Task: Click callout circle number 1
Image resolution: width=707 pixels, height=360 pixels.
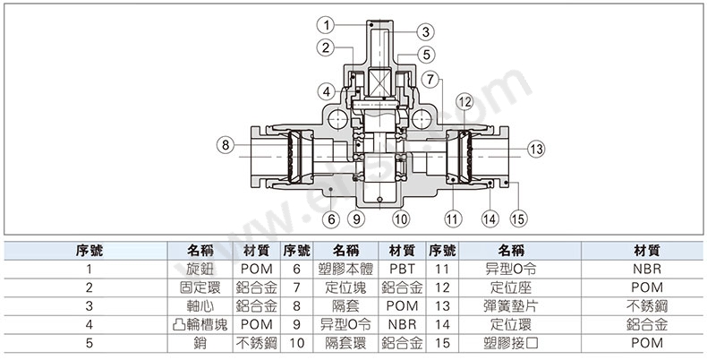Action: coord(326,25)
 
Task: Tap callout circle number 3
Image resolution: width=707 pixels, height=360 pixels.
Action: coord(425,32)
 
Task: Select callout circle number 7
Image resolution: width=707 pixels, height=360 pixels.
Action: coord(430,80)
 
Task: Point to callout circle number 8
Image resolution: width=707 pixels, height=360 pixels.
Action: coord(226,145)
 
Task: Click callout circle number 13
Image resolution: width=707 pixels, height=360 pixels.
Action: coord(536,149)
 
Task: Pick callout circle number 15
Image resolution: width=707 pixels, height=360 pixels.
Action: coord(518,219)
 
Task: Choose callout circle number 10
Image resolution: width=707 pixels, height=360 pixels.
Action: coord(401,219)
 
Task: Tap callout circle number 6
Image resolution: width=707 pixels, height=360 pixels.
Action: coord(331,219)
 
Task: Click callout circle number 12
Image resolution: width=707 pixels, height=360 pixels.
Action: coord(464,102)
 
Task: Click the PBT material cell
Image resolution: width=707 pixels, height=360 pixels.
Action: coord(402,270)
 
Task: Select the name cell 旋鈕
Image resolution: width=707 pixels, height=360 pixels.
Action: coord(200,270)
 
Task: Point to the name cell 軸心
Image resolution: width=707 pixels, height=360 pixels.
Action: coord(200,306)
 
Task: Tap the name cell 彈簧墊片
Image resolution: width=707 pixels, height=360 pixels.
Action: coord(511,306)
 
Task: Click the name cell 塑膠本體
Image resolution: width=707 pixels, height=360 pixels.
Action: coord(345,270)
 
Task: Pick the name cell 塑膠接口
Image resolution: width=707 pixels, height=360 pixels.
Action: coord(511,343)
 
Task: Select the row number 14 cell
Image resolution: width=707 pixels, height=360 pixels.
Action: coord(442,325)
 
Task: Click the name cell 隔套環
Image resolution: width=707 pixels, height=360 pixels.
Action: coord(345,343)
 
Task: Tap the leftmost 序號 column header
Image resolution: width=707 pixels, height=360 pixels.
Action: coord(89,251)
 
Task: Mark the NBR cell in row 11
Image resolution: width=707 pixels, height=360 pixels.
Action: coord(647,270)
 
